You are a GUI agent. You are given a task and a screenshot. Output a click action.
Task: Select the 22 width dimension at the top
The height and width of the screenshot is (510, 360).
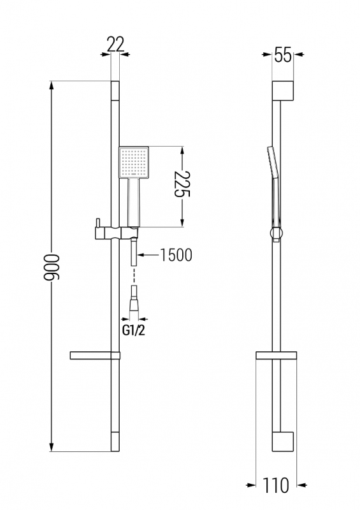point(115,45)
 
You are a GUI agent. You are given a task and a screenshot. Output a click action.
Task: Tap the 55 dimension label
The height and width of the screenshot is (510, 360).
point(283,54)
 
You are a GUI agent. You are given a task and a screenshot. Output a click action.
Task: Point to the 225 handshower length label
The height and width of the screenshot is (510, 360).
point(182,184)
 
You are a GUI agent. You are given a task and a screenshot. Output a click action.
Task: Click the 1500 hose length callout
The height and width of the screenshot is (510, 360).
point(176,255)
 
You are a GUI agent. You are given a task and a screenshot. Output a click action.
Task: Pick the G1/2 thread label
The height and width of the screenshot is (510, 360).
point(133,331)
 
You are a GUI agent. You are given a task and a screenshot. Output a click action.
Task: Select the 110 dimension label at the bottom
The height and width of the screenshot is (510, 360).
point(275,485)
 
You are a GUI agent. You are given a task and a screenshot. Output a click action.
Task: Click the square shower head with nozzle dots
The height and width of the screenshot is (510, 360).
point(134,162)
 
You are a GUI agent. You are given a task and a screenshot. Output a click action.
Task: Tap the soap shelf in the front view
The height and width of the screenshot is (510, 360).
point(95,356)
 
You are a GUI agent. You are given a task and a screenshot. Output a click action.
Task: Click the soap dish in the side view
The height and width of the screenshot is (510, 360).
point(277,356)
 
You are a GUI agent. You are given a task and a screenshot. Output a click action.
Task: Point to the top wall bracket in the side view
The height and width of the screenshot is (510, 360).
point(283,90)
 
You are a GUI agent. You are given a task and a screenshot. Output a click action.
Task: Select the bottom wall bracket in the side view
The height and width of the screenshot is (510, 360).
point(283,442)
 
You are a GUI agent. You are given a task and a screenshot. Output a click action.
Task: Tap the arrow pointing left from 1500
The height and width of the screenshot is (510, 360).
point(148,255)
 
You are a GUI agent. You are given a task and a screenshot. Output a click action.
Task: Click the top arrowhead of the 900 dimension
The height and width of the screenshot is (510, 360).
point(52,85)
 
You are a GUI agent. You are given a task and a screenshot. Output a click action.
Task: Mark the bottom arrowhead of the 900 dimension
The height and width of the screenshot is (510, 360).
point(52,447)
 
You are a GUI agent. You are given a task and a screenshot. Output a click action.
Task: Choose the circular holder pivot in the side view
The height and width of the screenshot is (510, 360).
point(277,233)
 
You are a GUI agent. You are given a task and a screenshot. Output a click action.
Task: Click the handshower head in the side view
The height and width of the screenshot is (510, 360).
point(272,163)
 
